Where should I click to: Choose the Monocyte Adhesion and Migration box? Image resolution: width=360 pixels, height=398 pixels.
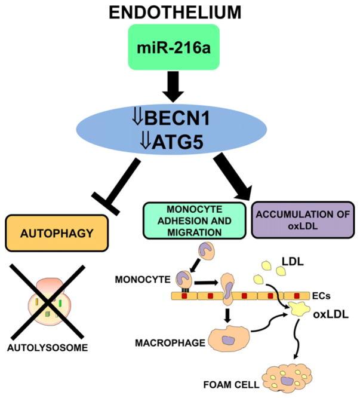[x=193, y=221]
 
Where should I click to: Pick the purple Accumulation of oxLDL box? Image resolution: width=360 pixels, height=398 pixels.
[x=302, y=221]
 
